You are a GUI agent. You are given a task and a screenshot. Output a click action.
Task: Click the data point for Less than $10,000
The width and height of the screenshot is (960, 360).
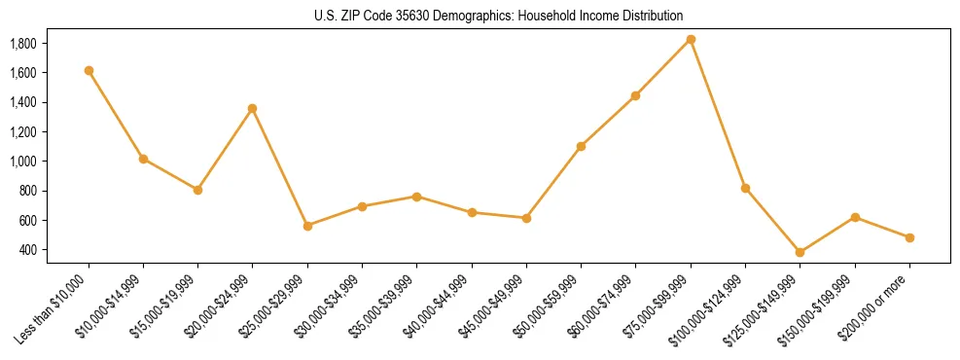(x=89, y=70)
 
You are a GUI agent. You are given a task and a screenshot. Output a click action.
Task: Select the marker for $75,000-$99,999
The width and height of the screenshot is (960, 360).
(x=691, y=39)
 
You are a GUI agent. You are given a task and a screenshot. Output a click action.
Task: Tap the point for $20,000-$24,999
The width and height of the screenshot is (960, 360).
(x=253, y=108)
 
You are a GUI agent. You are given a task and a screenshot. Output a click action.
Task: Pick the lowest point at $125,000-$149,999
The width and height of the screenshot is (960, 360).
(x=800, y=252)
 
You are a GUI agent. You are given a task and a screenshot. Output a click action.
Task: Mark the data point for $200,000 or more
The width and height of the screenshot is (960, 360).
(x=909, y=237)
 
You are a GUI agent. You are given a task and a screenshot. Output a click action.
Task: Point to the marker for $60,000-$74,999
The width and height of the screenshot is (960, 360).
(x=635, y=95)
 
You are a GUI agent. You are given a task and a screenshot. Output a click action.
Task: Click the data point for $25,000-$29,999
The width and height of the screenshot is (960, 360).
(x=307, y=226)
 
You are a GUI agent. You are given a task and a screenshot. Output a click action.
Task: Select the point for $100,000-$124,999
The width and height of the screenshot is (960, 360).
(x=745, y=188)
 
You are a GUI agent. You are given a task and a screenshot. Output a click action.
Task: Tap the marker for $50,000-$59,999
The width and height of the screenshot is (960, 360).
(x=581, y=146)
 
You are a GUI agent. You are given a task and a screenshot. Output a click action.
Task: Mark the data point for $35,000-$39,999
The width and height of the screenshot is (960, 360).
(x=416, y=197)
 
